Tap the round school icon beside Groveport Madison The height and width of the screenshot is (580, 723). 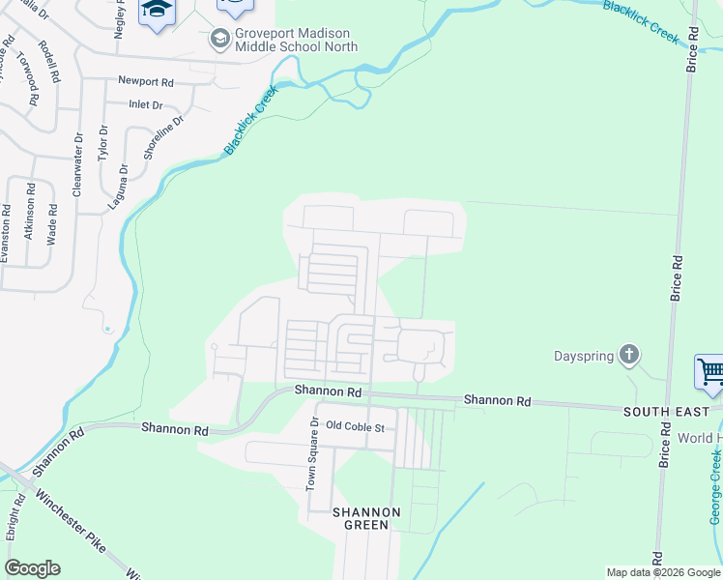(219, 38)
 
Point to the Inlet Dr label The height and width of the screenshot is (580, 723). (146, 104)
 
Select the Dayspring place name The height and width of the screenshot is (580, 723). (584, 356)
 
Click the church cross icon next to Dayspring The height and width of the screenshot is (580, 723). (629, 355)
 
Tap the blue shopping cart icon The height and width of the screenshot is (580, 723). (710, 371)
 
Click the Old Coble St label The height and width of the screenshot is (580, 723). (355, 426)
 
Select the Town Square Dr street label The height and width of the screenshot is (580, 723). (312, 454)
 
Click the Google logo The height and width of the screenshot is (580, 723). (32, 568)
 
